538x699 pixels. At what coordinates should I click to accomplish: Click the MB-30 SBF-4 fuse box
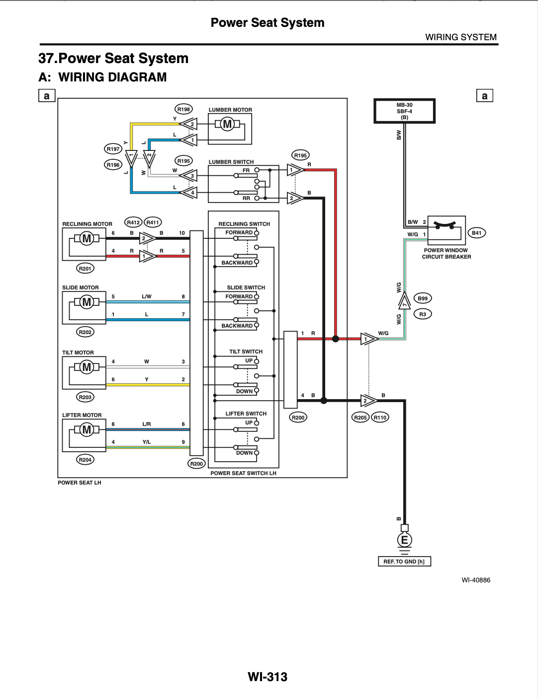404,111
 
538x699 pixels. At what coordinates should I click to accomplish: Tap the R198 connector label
183,109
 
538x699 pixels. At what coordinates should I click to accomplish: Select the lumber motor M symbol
227,124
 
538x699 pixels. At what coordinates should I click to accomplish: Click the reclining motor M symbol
87,238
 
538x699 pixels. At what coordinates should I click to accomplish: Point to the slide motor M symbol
87,302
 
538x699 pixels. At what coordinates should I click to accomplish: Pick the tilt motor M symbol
87,367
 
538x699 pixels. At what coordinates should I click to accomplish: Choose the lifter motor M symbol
87,429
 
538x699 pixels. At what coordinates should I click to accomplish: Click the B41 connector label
476,233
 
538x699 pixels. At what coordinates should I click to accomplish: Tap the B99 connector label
422,298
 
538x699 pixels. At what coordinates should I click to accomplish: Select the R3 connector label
422,314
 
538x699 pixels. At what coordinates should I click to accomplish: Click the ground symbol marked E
404,540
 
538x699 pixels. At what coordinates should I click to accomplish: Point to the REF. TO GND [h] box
404,561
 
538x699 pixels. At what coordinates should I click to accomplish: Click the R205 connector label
360,418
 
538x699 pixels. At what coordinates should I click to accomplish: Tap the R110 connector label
380,418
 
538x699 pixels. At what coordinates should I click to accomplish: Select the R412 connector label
133,222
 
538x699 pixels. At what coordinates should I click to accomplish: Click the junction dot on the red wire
335,339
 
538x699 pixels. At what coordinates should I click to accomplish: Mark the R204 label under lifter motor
85,460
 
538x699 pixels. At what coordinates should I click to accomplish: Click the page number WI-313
268,677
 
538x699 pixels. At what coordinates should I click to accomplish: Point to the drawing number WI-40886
476,580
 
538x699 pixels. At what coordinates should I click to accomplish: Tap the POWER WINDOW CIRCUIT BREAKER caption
446,254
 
